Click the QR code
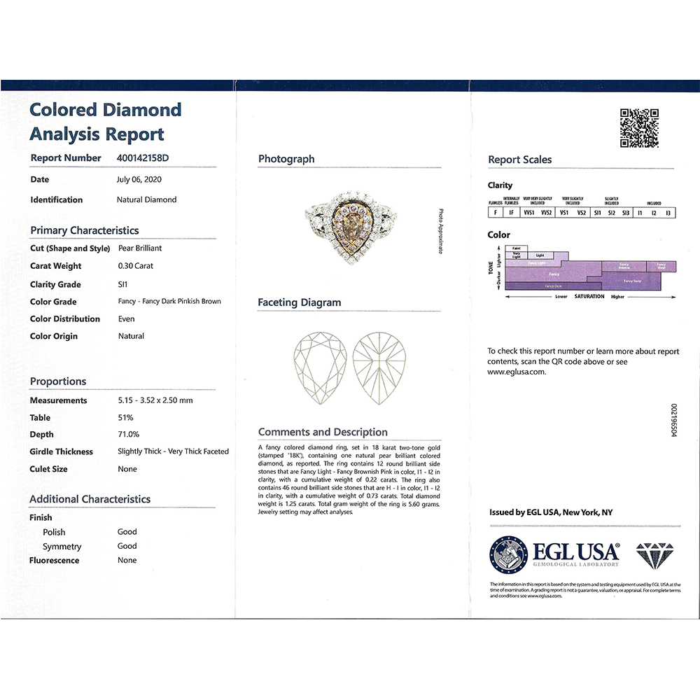pos(640,127)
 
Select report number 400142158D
pos(143,158)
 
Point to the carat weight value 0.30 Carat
pos(136,266)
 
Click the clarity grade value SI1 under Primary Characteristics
pos(124,284)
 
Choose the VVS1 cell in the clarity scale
pos(529,212)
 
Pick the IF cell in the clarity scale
pos(512,212)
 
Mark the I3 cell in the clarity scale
pos(668,212)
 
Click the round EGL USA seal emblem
pos(509,554)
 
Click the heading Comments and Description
pos(323,432)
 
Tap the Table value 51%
pos(125,417)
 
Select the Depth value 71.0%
pos(128,434)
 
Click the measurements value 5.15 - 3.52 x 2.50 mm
pos(155,400)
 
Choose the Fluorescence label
pos(55,560)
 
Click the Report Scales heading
pos(520,160)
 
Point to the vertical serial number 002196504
pos(674,420)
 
